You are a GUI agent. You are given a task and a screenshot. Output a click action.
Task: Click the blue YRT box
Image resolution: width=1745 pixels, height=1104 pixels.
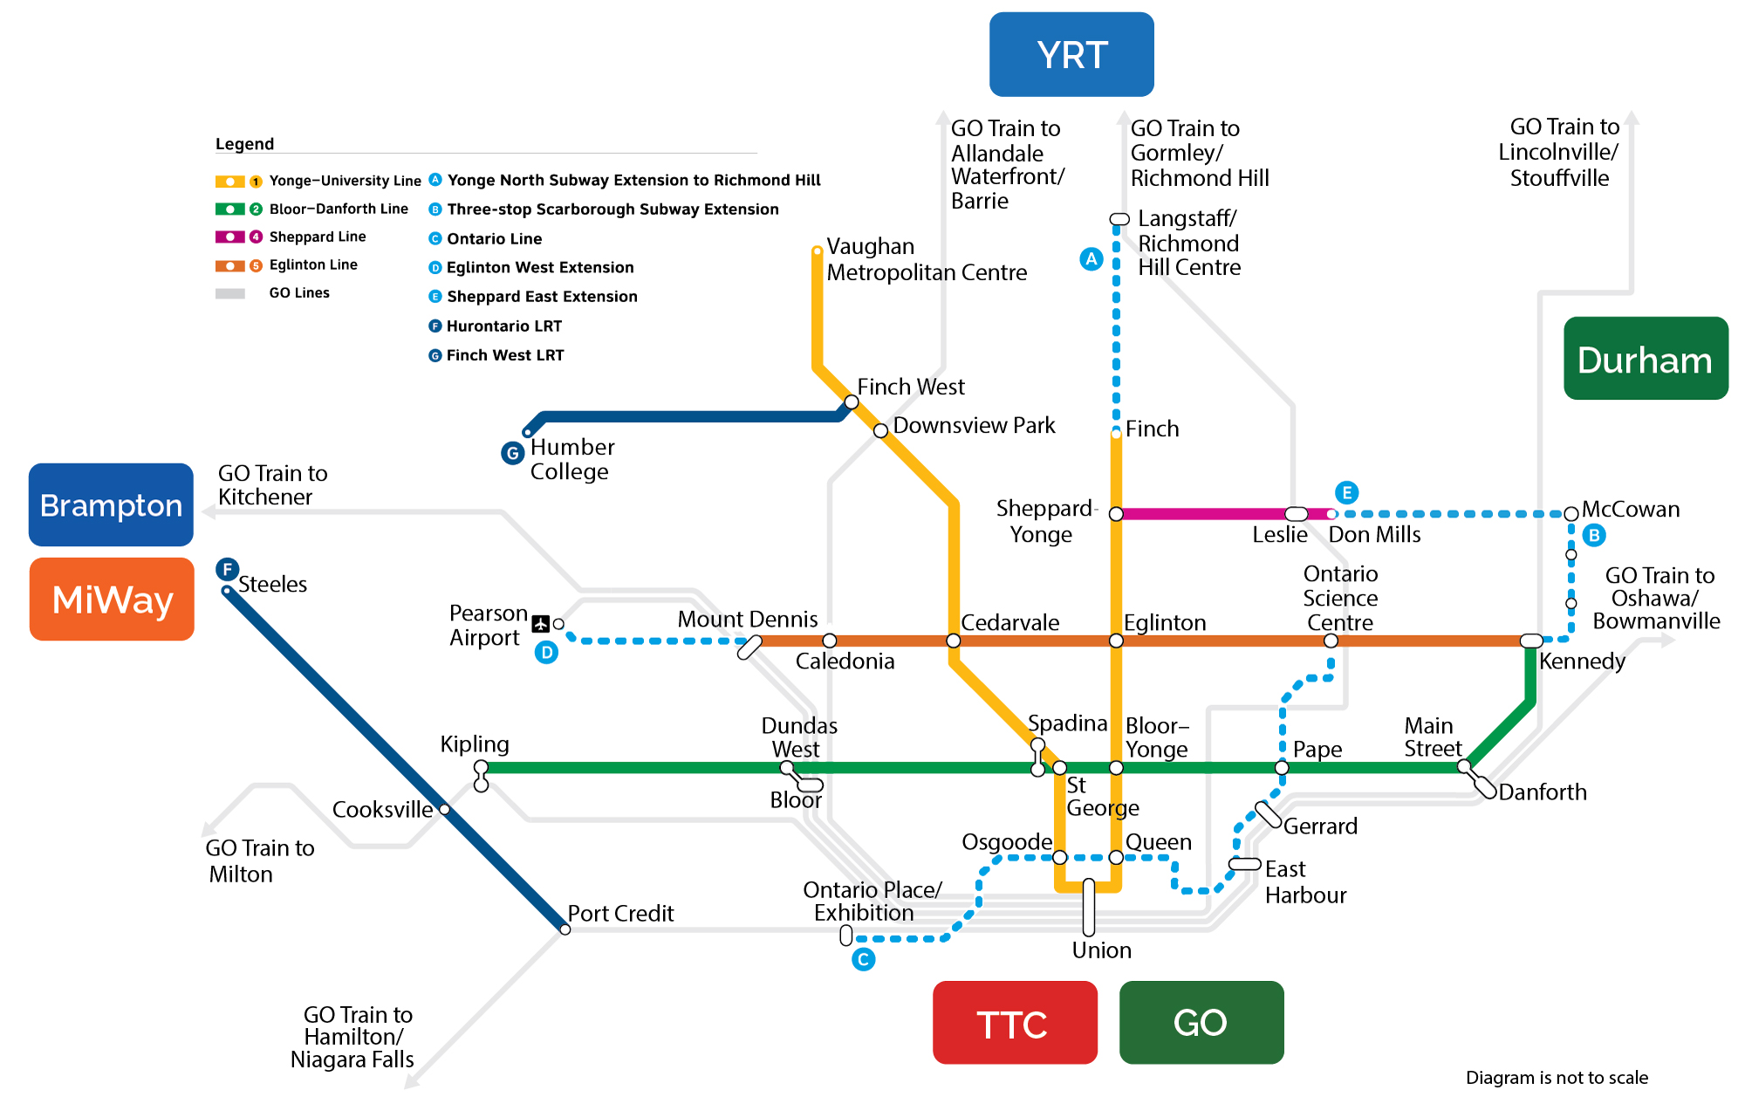tap(1071, 54)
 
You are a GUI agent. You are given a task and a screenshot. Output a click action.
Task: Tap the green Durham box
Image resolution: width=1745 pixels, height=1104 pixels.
tap(1646, 359)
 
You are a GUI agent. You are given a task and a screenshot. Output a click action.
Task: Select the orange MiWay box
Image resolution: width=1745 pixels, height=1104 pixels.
tap(112, 600)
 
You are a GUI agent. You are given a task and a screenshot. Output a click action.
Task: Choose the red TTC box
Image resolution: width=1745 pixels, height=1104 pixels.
tap(1015, 1023)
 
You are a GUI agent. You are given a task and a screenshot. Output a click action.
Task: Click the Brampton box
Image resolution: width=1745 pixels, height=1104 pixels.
tap(112, 505)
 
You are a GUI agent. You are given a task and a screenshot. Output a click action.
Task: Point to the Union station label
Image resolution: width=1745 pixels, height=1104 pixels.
tap(1101, 950)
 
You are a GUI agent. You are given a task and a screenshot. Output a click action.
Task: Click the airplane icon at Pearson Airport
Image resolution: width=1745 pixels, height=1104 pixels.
tap(541, 624)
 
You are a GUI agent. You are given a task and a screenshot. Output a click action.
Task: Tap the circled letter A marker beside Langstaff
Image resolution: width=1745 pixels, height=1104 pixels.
tap(1091, 259)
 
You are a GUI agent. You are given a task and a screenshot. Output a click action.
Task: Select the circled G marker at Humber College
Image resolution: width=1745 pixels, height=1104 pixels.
tap(513, 453)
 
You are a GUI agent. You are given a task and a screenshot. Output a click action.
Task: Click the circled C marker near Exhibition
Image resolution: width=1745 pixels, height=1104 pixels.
tap(863, 960)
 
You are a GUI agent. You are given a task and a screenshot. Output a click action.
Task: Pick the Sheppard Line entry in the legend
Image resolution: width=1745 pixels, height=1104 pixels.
tap(317, 237)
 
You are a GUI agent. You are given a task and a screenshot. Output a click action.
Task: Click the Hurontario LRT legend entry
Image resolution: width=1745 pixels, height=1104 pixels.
tap(503, 326)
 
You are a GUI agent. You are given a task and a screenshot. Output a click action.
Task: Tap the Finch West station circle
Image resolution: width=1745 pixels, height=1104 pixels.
tap(852, 402)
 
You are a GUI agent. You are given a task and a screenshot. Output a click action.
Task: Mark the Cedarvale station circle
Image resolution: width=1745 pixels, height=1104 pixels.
tap(954, 641)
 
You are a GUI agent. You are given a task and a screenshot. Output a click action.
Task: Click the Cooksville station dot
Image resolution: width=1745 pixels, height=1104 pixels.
tap(445, 810)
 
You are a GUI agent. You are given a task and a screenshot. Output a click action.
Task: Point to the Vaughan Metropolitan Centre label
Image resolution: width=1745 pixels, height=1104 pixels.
tap(926, 259)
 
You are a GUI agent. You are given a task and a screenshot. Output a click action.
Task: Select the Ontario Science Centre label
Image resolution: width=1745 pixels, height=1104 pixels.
tap(1340, 598)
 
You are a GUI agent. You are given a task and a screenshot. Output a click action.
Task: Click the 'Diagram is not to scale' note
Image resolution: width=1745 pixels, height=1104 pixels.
tap(1557, 1078)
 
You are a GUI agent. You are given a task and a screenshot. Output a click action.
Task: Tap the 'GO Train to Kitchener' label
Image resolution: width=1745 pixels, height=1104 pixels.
tap(272, 485)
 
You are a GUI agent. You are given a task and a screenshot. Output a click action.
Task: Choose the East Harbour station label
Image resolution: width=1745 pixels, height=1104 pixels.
tap(1305, 881)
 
